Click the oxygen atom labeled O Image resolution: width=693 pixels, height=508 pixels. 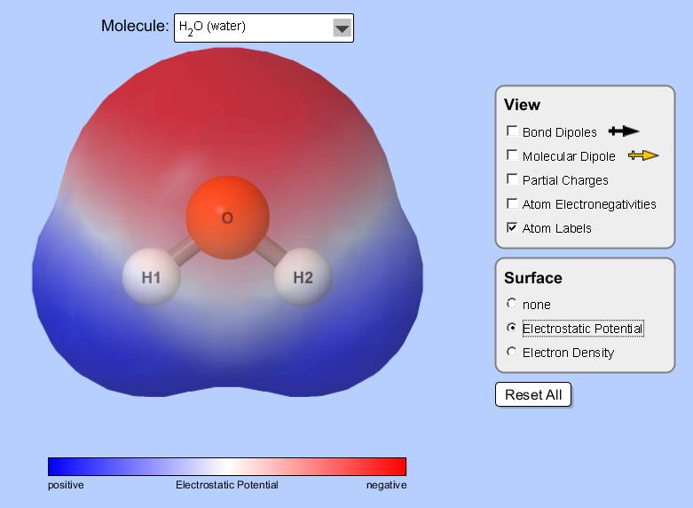click(228, 218)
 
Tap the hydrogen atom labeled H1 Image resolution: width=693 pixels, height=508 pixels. click(151, 277)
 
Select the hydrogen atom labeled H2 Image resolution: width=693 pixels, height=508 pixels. click(303, 277)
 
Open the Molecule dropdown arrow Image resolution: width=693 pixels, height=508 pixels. click(343, 28)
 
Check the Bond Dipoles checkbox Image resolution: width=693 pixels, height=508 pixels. click(512, 131)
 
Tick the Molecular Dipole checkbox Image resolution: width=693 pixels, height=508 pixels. click(512, 155)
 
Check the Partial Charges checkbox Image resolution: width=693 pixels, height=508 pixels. click(512, 179)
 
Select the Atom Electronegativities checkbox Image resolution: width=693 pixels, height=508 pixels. click(512, 203)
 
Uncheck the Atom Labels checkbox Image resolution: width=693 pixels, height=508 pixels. click(512, 227)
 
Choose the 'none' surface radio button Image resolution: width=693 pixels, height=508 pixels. click(512, 304)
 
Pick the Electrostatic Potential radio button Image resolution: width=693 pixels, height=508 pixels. click(512, 328)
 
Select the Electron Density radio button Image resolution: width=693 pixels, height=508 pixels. click(512, 352)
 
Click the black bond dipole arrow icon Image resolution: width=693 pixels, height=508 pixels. click(624, 131)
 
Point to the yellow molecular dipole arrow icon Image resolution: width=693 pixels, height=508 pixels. click(643, 155)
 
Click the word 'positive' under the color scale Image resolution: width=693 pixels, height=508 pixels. click(66, 486)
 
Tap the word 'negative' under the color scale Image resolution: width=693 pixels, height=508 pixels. click(387, 485)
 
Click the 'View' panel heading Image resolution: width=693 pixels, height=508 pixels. click(522, 105)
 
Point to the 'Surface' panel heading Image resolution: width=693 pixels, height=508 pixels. click(533, 278)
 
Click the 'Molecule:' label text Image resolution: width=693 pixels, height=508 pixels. click(135, 26)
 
